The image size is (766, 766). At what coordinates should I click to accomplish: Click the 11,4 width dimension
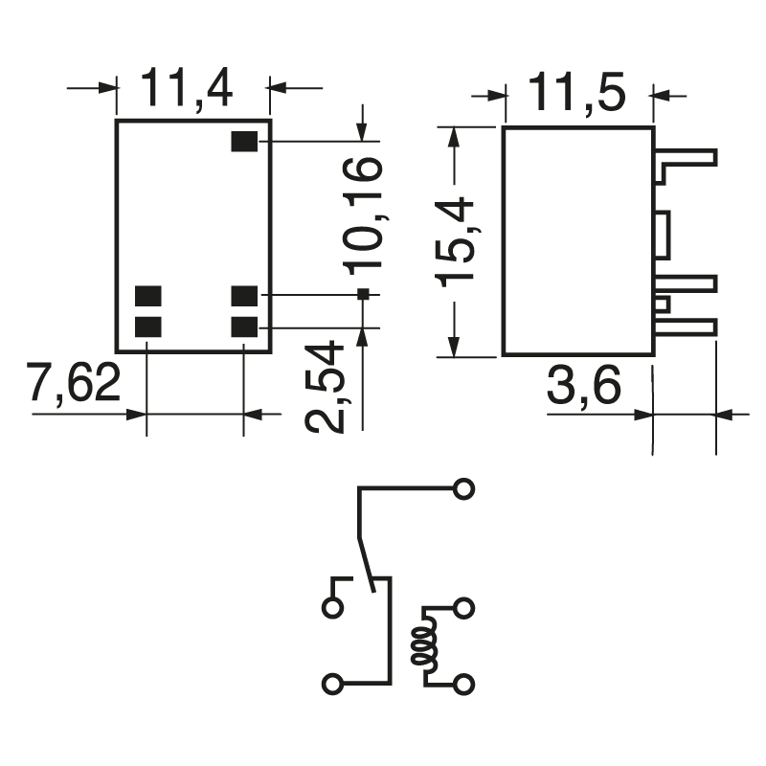pyautogui.click(x=188, y=89)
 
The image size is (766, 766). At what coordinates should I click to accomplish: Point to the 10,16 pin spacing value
pyautogui.click(x=363, y=214)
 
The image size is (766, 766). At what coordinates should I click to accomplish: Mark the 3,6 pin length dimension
pyautogui.click(x=585, y=388)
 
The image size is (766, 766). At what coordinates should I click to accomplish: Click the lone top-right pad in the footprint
pyautogui.click(x=245, y=142)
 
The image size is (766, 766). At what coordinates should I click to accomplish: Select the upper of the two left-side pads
pyautogui.click(x=147, y=295)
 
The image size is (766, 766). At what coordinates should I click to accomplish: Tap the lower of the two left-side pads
pyautogui.click(x=147, y=327)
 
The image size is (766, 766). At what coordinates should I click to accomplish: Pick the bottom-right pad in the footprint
pyautogui.click(x=245, y=327)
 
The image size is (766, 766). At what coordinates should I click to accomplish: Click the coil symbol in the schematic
pyautogui.click(x=421, y=646)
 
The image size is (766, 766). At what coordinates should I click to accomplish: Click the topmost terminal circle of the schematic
pyautogui.click(x=464, y=488)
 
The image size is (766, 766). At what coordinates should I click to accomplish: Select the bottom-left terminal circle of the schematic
pyautogui.click(x=332, y=685)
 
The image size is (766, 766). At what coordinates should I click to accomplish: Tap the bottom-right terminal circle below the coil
pyautogui.click(x=464, y=685)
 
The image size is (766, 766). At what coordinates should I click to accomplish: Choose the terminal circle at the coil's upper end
pyautogui.click(x=464, y=607)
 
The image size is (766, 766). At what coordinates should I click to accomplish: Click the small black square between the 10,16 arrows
pyautogui.click(x=363, y=294)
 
